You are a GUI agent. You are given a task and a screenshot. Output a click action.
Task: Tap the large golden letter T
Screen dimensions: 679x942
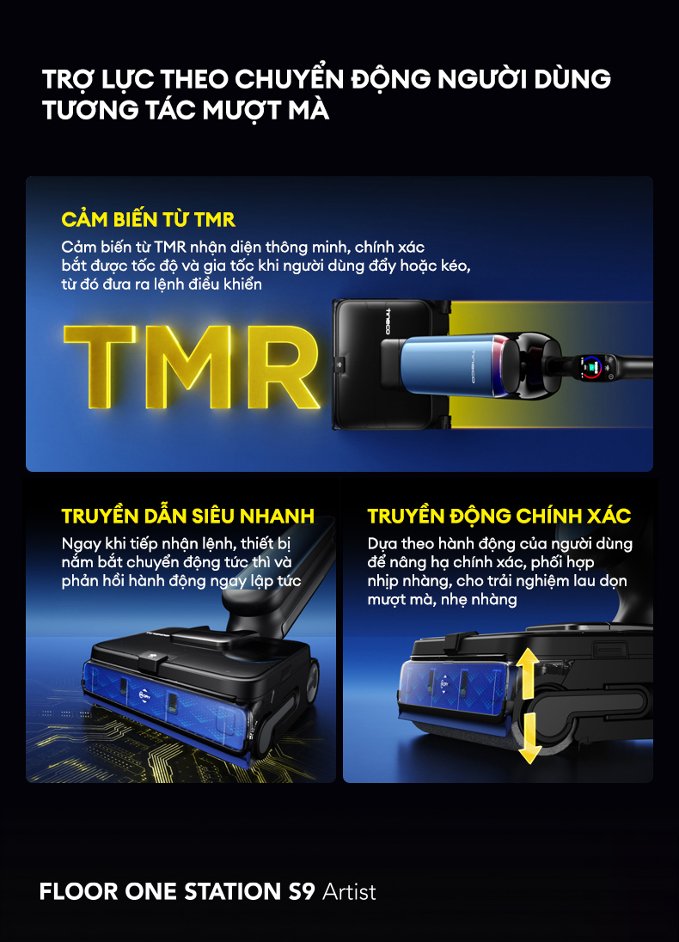coord(100,366)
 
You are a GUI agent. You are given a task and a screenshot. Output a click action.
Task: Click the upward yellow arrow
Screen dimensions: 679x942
coord(529,673)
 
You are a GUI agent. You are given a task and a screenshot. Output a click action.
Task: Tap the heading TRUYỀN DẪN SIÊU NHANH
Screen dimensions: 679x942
coord(188,516)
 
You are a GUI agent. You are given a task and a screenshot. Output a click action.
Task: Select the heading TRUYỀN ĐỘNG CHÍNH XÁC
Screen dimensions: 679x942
coord(499,516)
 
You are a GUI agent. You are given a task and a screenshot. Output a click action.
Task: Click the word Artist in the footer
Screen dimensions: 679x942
coord(349,891)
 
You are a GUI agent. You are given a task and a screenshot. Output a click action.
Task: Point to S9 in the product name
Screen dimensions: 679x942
coord(301,891)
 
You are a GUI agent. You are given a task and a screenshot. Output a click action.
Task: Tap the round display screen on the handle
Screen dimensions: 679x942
coord(592,366)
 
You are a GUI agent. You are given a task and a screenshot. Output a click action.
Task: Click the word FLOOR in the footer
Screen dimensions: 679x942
coord(79,891)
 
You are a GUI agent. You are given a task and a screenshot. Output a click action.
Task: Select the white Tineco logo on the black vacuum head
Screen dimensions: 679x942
coord(388,321)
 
